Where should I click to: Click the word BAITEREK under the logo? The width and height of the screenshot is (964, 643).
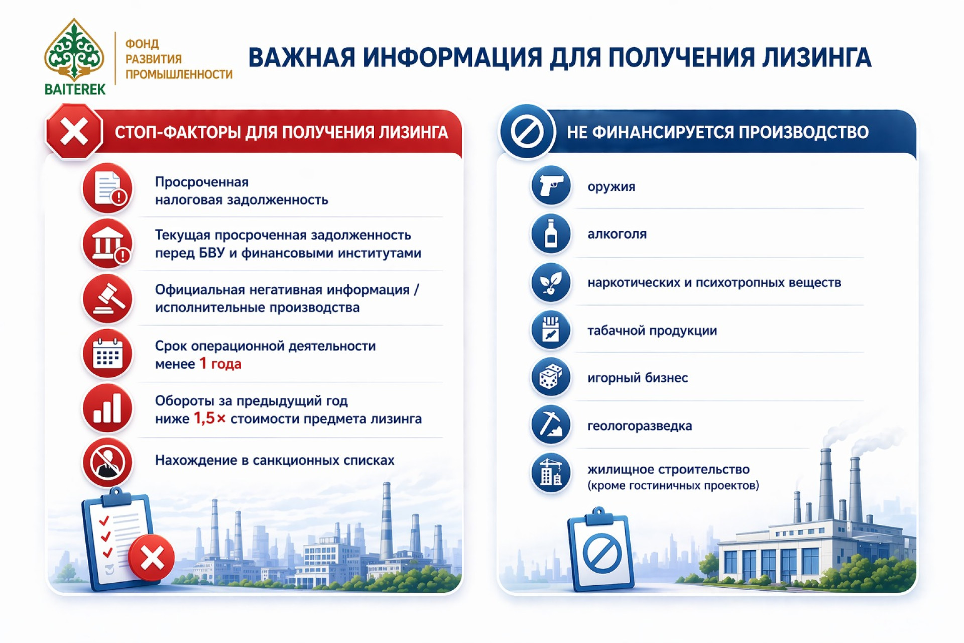(x=75, y=89)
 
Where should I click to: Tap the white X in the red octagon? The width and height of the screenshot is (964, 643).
(x=74, y=132)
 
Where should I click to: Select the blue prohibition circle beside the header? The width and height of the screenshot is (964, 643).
(x=527, y=132)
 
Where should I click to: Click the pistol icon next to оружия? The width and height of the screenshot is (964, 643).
(x=551, y=186)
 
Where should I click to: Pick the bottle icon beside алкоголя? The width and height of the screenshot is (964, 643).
(x=551, y=234)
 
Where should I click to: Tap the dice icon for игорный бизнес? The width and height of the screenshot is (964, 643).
(x=551, y=377)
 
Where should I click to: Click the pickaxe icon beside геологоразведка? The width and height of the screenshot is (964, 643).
(x=551, y=425)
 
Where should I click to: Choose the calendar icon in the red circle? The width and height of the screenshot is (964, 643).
(x=107, y=354)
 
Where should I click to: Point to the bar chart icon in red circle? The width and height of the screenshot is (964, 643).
(x=107, y=408)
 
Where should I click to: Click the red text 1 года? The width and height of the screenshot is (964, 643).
(x=220, y=363)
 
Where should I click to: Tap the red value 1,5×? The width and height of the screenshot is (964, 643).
(x=210, y=418)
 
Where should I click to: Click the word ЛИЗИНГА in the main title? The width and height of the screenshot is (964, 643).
(x=816, y=57)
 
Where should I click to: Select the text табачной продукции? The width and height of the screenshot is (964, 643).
(x=652, y=331)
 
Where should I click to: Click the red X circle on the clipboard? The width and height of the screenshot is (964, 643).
(x=152, y=558)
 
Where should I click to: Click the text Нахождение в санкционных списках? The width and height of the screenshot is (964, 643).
(x=275, y=460)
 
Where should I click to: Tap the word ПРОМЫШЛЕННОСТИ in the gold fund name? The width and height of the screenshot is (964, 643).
(x=179, y=74)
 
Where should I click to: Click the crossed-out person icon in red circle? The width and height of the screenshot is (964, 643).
(x=107, y=463)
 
